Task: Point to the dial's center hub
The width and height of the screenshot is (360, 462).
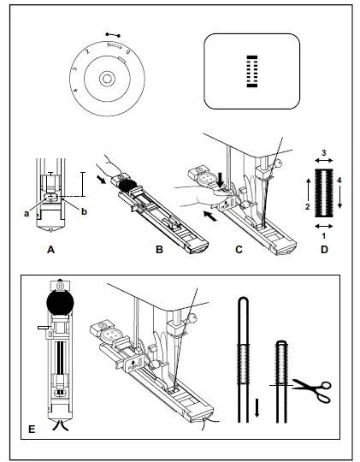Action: coord(104,78)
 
